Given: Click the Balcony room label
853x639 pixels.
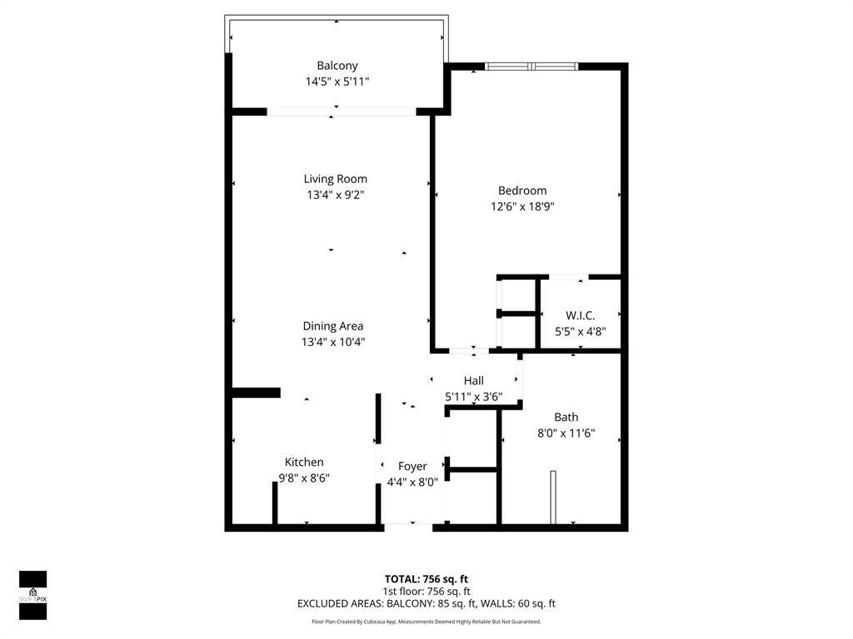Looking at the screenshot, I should pyautogui.click(x=337, y=66).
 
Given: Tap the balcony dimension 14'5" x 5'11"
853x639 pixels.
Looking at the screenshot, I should pyautogui.click(x=337, y=82).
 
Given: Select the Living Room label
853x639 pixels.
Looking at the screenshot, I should pyautogui.click(x=335, y=179).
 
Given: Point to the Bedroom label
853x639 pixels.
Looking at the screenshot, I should pyautogui.click(x=522, y=191).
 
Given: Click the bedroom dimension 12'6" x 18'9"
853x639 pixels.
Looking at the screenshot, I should pyautogui.click(x=522, y=206).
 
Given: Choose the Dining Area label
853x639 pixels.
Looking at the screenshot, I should pyautogui.click(x=332, y=326).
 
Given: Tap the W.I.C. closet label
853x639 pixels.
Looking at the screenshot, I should pyautogui.click(x=580, y=315).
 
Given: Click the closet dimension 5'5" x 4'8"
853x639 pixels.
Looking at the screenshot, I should pyautogui.click(x=580, y=331).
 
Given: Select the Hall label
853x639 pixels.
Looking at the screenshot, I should pyautogui.click(x=473, y=380).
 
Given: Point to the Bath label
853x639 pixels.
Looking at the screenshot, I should pyautogui.click(x=566, y=417).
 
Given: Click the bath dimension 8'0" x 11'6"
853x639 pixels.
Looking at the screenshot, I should pyautogui.click(x=566, y=433).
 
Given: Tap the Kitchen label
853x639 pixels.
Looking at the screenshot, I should pyautogui.click(x=304, y=462).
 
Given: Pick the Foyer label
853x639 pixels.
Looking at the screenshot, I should pyautogui.click(x=412, y=466).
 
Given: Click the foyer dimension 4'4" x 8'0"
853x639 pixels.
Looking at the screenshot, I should pyautogui.click(x=412, y=481).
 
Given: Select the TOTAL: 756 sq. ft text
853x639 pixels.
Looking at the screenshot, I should pyautogui.click(x=426, y=578).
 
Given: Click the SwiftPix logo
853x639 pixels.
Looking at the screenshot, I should pyautogui.click(x=32, y=595).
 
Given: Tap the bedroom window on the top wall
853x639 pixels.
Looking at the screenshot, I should pyautogui.click(x=531, y=67).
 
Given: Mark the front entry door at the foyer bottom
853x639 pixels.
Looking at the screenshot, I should pyautogui.click(x=408, y=525).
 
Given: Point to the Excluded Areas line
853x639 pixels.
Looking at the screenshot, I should pyautogui.click(x=426, y=604).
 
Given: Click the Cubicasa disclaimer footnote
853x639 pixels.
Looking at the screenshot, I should pyautogui.click(x=426, y=622).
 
